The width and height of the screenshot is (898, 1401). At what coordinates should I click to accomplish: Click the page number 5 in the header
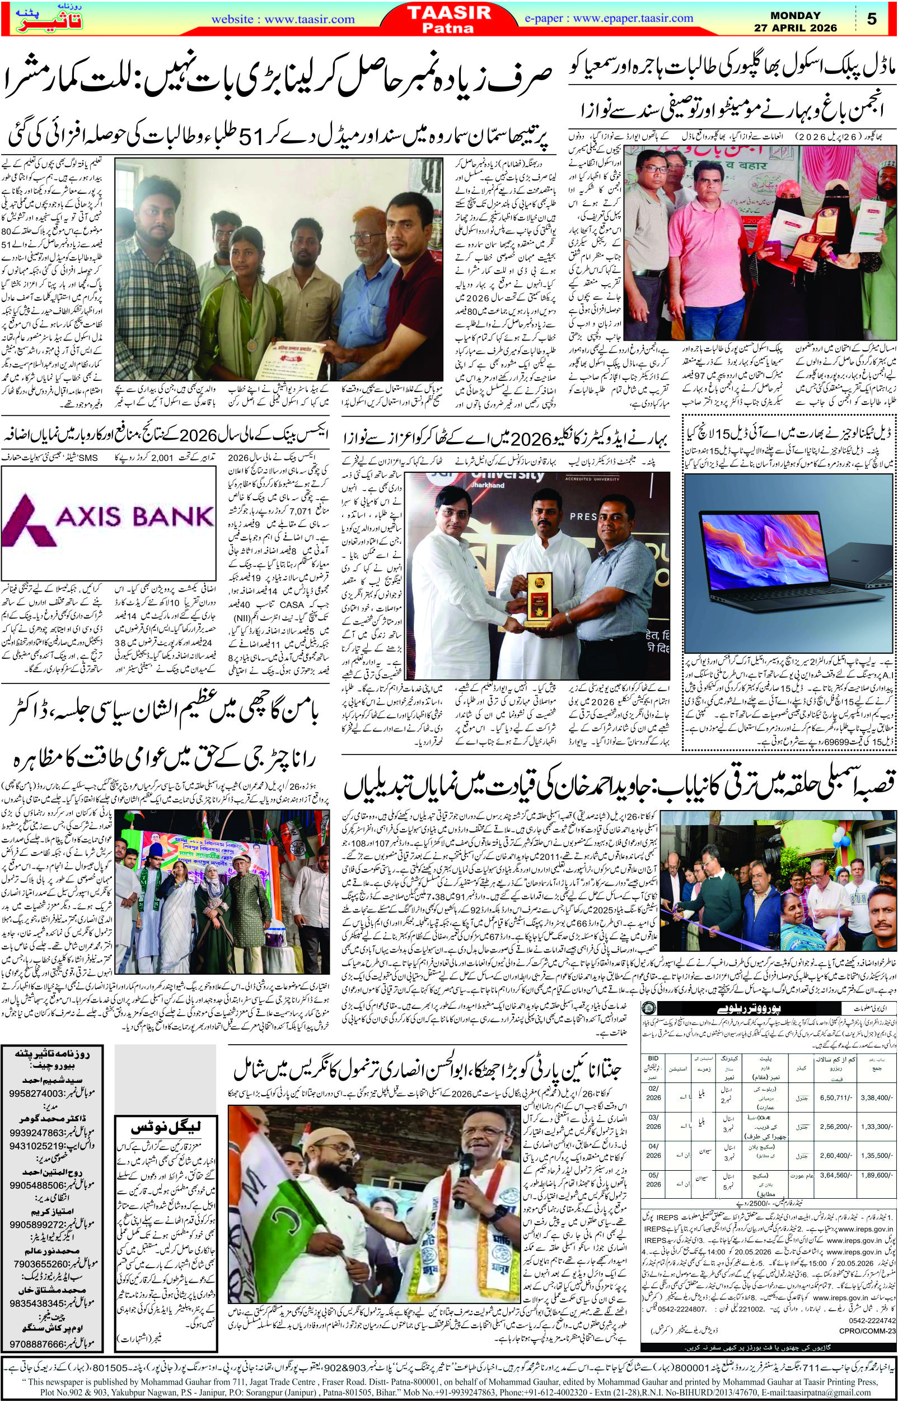click(x=871, y=18)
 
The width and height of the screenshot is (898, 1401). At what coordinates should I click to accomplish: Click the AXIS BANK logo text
click(x=108, y=516)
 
